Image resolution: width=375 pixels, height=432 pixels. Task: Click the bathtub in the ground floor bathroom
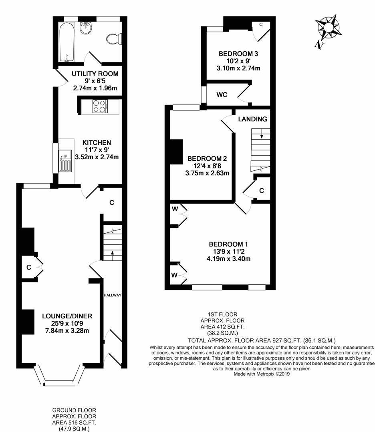[x=67, y=42]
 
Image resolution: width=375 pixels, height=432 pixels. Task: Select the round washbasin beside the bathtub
[x=86, y=28]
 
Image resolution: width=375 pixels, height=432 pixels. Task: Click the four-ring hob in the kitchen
[x=100, y=106]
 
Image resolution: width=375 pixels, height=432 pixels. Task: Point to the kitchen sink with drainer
[x=65, y=161]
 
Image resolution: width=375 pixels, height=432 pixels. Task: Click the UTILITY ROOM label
[x=95, y=74]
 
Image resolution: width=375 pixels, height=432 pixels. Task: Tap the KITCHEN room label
[x=97, y=142]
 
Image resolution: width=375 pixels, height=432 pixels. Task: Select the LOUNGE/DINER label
[x=67, y=316]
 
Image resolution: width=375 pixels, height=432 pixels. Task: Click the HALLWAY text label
[x=113, y=295]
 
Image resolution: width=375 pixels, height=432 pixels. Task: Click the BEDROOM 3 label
[x=238, y=54]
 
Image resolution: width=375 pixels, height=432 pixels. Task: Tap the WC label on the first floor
[x=222, y=95]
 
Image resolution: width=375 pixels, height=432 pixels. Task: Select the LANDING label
[x=253, y=119]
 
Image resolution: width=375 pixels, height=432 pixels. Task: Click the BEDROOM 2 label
[x=207, y=158]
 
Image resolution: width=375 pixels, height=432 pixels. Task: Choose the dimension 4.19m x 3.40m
[x=228, y=259]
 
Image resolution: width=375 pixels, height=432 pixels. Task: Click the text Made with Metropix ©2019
[x=262, y=374]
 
